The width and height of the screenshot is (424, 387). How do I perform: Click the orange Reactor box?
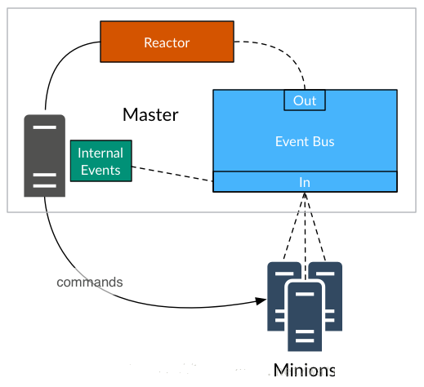[x=167, y=42]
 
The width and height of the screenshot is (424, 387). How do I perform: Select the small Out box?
[x=305, y=100]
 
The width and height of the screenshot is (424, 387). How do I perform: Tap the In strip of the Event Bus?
[x=305, y=182]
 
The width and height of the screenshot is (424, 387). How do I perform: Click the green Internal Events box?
[x=101, y=161]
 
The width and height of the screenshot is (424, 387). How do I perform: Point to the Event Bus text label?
[x=305, y=141]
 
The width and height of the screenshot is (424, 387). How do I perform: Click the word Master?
[x=150, y=114]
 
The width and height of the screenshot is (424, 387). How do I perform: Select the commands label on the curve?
[x=90, y=282]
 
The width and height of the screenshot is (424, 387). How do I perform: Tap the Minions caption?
[x=304, y=370]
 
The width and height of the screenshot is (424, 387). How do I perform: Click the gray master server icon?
[x=45, y=156]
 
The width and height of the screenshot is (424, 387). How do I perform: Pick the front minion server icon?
[x=305, y=317]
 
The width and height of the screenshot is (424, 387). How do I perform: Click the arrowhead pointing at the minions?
[x=261, y=300]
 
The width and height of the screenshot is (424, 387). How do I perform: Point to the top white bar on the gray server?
[x=45, y=127]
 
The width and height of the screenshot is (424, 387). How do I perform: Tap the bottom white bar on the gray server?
[x=45, y=186]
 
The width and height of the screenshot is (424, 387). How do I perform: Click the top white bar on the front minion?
[x=305, y=294]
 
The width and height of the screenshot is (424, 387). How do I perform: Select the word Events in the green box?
[x=100, y=171]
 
